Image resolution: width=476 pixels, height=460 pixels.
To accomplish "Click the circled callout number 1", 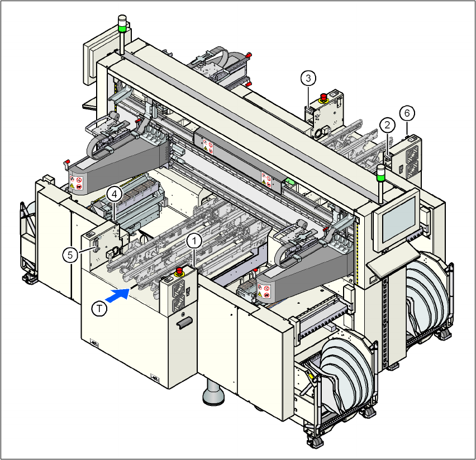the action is pyautogui.click(x=194, y=241).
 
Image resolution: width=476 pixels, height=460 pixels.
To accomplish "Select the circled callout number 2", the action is pyautogui.click(x=387, y=125).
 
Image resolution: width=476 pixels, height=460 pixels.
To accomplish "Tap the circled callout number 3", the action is pyautogui.click(x=308, y=78).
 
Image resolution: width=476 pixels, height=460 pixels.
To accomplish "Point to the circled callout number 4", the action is pyautogui.click(x=115, y=194).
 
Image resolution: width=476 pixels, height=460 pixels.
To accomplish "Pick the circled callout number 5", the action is pyautogui.click(x=70, y=255).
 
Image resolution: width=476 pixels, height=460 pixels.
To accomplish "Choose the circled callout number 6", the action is pyautogui.click(x=407, y=113).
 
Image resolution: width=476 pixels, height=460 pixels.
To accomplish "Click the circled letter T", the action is pyautogui.click(x=99, y=309).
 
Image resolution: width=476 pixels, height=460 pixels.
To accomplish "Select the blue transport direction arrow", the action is pyautogui.click(x=118, y=295).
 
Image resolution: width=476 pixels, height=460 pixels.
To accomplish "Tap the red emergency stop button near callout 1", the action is pyautogui.click(x=179, y=271).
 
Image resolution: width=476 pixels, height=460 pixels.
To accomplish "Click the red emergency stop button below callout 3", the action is pyautogui.click(x=323, y=98).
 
